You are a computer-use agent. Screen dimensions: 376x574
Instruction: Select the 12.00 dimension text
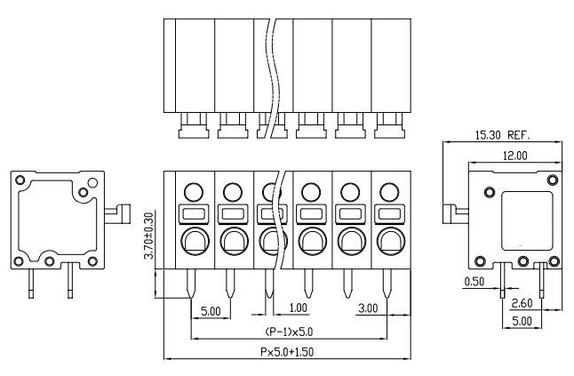[x=514, y=155]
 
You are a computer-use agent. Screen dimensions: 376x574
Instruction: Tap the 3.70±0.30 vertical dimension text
[x=148, y=235]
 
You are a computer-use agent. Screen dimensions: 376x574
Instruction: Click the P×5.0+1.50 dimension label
[x=287, y=352]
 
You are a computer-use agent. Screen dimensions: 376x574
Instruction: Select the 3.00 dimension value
[x=367, y=308]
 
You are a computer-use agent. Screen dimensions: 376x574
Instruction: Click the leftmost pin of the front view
[x=193, y=284]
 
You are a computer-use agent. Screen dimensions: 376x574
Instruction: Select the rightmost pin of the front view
[x=388, y=284]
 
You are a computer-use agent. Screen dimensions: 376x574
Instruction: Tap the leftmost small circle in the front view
[x=193, y=190]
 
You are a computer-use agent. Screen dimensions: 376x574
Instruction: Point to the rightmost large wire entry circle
[x=388, y=240]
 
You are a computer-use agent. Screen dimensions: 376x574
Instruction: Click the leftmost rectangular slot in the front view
[x=193, y=214]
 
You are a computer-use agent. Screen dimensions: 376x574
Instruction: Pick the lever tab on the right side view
[x=455, y=214]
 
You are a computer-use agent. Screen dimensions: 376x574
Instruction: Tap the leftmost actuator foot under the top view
[x=193, y=130]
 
